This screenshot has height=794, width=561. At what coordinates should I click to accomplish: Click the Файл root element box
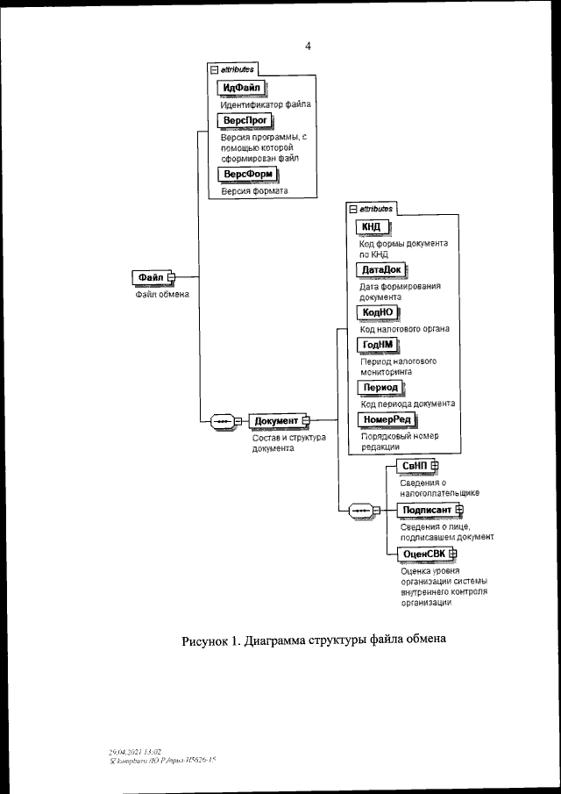[x=151, y=277]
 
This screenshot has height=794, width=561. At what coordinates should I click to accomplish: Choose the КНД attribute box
[x=372, y=227]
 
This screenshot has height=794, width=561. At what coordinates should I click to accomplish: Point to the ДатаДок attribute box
[x=380, y=269]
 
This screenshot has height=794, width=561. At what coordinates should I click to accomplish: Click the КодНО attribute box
[x=378, y=312]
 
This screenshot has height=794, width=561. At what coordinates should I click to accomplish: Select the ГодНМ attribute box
[x=377, y=344]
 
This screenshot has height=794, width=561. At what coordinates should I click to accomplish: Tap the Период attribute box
[x=380, y=387]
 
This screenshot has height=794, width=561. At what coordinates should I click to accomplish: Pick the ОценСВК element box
[x=423, y=554]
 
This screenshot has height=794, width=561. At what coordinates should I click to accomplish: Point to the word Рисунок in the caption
[x=206, y=640]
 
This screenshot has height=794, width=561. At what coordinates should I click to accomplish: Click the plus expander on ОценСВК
[x=453, y=554]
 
